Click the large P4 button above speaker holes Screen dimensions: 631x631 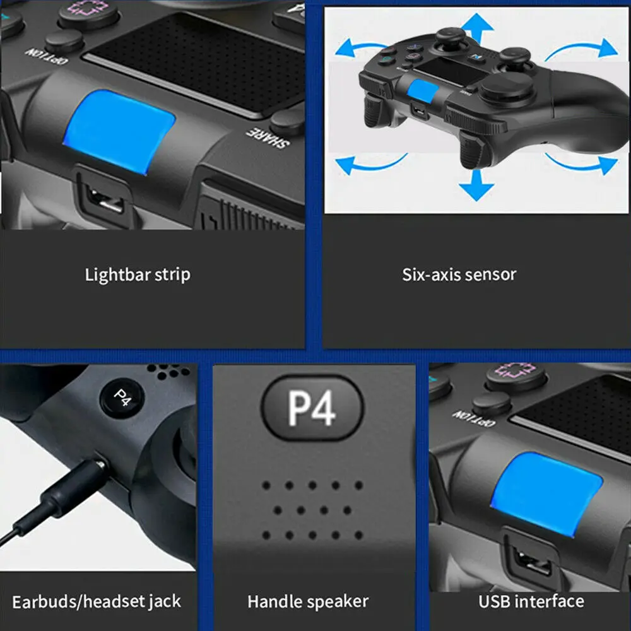tap(312, 407)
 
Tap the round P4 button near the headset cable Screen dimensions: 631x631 tap(122, 398)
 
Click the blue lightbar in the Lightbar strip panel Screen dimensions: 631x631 tap(119, 132)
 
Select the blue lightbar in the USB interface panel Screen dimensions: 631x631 tap(546, 494)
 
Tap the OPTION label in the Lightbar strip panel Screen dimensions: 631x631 tap(46, 56)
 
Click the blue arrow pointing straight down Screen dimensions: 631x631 tap(476, 186)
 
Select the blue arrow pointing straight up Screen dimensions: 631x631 tap(477, 28)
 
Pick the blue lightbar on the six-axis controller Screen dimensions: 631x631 tap(422, 91)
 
